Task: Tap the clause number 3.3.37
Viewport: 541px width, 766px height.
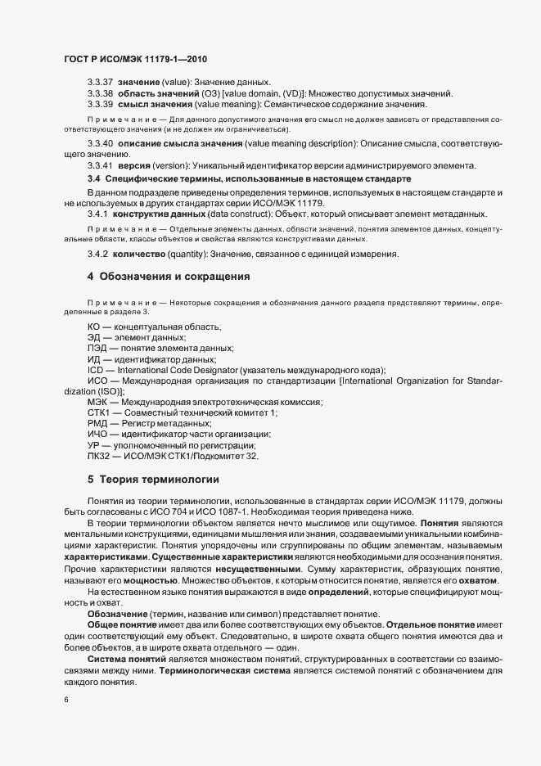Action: [100, 83]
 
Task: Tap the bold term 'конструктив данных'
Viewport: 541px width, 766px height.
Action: [153, 213]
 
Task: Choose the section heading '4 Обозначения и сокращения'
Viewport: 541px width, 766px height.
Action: [169, 277]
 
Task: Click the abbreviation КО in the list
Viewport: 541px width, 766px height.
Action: [94, 327]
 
